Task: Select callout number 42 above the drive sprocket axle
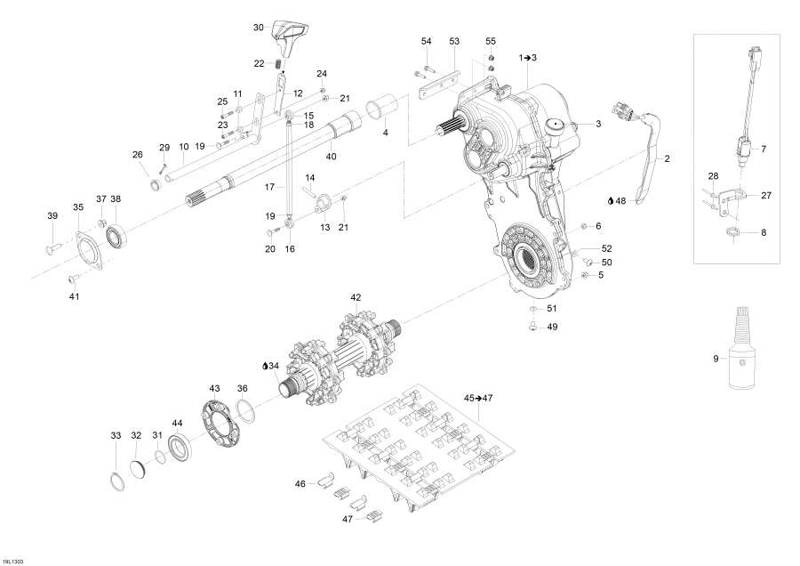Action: click(x=356, y=297)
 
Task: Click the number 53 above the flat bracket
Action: click(x=454, y=42)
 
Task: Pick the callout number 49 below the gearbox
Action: click(x=552, y=327)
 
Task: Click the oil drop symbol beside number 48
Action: click(x=611, y=201)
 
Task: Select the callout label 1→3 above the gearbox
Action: click(x=528, y=57)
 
